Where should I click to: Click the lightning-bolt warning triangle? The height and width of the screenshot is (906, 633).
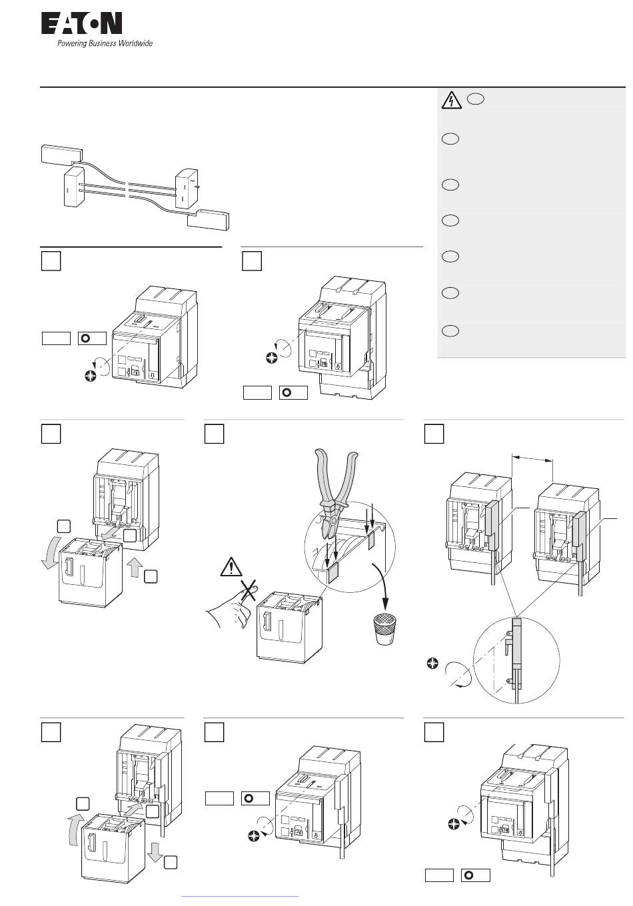coord(451,101)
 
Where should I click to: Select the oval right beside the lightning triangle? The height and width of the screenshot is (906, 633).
coord(476,99)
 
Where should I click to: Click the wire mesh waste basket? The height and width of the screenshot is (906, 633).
coord(384,629)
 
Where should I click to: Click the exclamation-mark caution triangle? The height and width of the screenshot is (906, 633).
coord(231,566)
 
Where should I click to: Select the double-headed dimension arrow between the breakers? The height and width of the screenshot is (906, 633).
coord(532,460)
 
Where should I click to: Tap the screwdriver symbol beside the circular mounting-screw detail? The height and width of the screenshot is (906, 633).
coord(432,664)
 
